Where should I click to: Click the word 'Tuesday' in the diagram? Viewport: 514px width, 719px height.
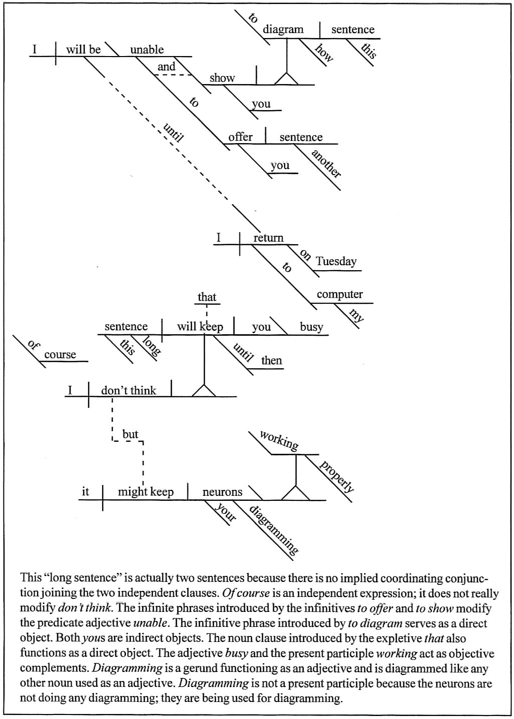coord(336,261)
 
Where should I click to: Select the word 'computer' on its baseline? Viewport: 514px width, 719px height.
coord(340,294)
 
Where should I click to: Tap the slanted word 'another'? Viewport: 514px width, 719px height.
coord(326,163)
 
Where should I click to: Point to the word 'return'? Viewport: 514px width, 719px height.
coord(269,238)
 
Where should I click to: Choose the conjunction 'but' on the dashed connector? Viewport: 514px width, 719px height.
coord(130,434)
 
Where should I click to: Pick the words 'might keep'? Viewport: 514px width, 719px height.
coord(146,492)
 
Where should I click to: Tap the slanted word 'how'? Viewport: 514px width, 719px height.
coord(324,53)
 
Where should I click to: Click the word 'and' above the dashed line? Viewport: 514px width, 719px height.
coord(166,67)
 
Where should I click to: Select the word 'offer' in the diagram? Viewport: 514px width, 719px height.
coord(240,137)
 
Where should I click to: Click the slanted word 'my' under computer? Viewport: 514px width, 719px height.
coord(355,315)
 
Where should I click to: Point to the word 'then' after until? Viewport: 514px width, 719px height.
coord(272,360)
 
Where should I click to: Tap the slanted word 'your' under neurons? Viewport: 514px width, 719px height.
coord(225,512)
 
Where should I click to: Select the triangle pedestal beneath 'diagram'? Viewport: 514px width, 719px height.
coord(287,79)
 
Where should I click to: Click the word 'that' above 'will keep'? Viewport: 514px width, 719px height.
coord(207,297)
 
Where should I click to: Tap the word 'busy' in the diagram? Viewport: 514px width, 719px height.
coord(312,327)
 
